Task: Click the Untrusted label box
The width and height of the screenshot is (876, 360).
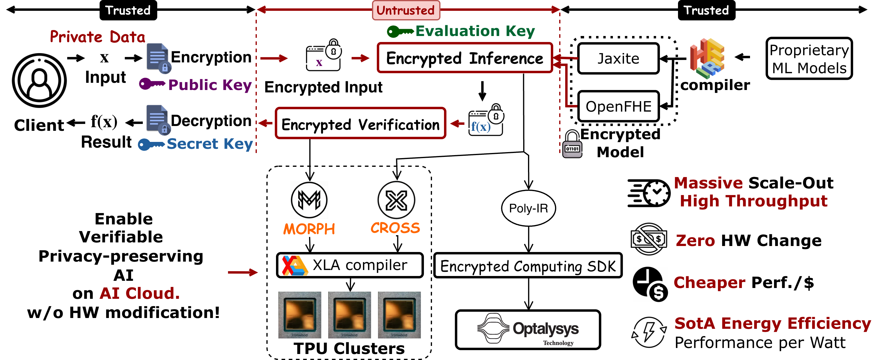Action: click(x=406, y=10)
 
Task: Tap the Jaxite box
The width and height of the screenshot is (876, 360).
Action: click(x=618, y=58)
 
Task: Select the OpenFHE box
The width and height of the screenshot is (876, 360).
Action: click(x=618, y=106)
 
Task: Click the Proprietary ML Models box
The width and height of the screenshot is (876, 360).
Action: click(x=809, y=58)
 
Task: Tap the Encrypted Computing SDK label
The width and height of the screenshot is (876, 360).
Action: click(x=527, y=265)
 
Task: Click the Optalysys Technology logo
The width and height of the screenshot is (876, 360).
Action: click(x=527, y=329)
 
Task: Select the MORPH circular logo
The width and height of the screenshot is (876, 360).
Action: click(x=309, y=200)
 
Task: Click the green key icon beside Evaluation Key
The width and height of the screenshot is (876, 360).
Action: click(x=400, y=31)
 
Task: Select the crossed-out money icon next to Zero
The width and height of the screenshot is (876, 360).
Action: click(x=648, y=238)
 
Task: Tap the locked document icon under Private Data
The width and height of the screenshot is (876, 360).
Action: click(x=159, y=58)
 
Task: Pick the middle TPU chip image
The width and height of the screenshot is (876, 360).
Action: click(x=349, y=314)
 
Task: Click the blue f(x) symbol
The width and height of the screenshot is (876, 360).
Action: click(x=481, y=127)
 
